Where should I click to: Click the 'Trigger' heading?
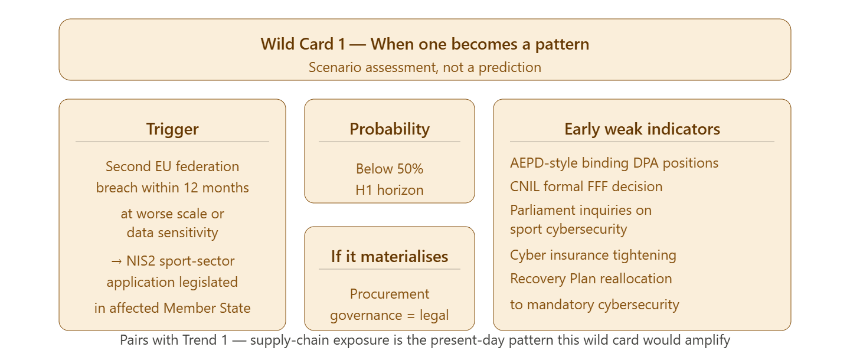tap(172, 129)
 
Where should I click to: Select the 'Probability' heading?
tap(390, 129)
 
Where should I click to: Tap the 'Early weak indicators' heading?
tap(642, 129)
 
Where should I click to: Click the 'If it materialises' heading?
tap(390, 257)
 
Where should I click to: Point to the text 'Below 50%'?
tap(390, 169)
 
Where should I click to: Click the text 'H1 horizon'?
tap(390, 190)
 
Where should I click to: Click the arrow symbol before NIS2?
tap(116, 261)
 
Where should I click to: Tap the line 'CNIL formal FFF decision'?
tap(586, 186)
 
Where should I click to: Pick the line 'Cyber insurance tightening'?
tap(593, 256)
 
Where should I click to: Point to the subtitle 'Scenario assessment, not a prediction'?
tap(424, 67)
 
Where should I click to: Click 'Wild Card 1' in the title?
tap(303, 44)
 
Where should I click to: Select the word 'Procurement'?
tap(390, 294)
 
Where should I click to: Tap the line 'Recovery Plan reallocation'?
tap(591, 279)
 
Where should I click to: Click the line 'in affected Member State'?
tap(172, 308)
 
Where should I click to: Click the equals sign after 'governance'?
tap(411, 316)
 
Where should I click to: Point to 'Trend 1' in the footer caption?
tap(205, 340)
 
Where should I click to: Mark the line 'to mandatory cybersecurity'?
tap(594, 305)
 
